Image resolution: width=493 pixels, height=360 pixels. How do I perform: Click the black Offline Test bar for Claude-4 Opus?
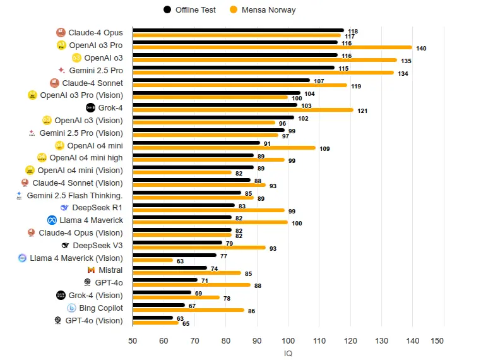tap(239, 30)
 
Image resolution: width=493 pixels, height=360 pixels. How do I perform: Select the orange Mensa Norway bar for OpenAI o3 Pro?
tap(273, 47)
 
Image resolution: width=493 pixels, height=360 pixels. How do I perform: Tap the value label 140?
tap(421, 49)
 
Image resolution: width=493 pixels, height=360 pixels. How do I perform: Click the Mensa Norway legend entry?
tap(263, 10)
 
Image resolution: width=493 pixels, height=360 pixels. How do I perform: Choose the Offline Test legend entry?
tap(189, 10)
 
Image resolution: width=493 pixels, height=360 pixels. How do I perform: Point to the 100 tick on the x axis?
tap(288, 341)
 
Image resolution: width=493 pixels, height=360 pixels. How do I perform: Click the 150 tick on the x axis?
tap(437, 341)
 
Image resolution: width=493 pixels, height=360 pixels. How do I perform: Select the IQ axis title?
tap(288, 354)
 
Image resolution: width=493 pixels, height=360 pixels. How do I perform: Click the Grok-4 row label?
tap(110, 108)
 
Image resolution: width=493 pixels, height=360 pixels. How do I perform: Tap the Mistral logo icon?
tap(91, 270)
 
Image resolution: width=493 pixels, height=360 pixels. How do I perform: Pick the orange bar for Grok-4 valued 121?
tap(243, 110)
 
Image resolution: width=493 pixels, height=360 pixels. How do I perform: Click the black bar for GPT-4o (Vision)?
tap(153, 318)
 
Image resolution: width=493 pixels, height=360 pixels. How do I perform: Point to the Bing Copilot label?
tap(101, 308)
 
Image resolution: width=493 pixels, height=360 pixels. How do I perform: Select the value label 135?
tap(406, 61)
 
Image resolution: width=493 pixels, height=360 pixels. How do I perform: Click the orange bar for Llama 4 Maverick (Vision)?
tap(153, 260)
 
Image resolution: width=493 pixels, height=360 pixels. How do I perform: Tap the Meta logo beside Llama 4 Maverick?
tap(52, 220)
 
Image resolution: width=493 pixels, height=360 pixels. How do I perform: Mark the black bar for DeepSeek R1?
tap(184, 205)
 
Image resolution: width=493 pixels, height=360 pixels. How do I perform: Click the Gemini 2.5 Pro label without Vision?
tap(96, 71)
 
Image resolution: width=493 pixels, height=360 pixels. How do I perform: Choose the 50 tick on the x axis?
tap(133, 341)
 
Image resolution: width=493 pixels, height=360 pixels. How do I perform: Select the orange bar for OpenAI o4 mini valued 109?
tap(224, 148)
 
